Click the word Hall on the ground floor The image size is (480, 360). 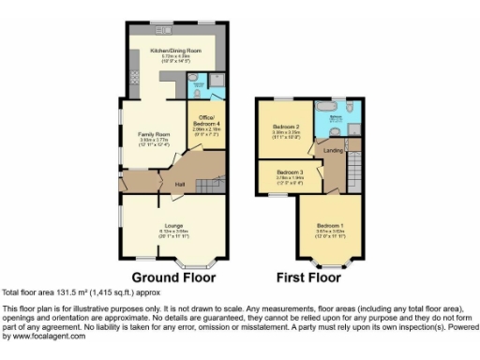[x=179, y=184]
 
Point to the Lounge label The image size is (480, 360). [x=175, y=225]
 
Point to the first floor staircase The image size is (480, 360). [x=354, y=172]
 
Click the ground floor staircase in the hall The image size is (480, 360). [x=211, y=178]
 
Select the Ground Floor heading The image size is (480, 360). [x=173, y=277]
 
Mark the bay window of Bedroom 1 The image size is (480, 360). [x=329, y=264]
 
